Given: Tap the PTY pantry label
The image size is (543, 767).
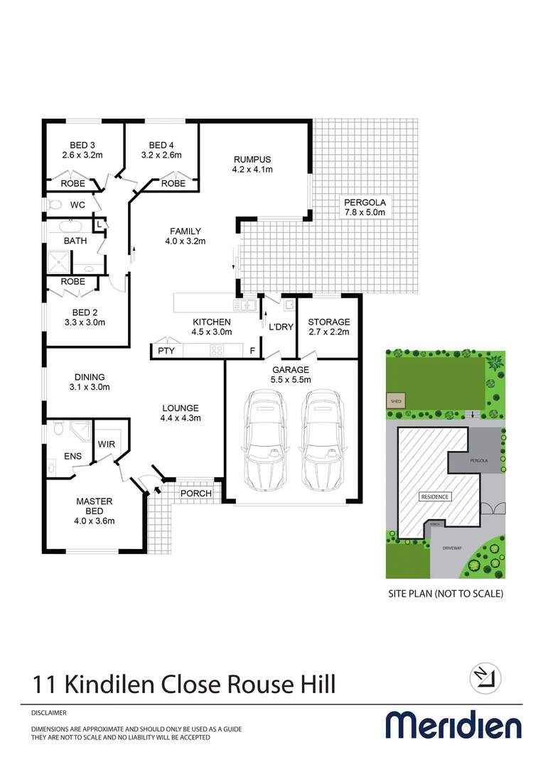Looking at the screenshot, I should tap(166, 351).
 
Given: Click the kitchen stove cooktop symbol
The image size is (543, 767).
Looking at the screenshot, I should tap(216, 350).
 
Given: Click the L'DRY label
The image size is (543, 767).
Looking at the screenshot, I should tap(281, 327).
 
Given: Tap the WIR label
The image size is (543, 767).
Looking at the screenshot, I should tap(107, 443).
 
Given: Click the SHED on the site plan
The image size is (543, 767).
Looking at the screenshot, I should tap(394, 401).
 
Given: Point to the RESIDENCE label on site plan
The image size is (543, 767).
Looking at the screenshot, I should tap(434, 496).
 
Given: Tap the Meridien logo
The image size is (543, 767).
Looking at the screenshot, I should tap(453, 725).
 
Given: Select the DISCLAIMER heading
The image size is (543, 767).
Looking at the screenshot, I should tap(49, 712).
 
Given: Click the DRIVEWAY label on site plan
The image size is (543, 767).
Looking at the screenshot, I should tap(452, 548).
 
